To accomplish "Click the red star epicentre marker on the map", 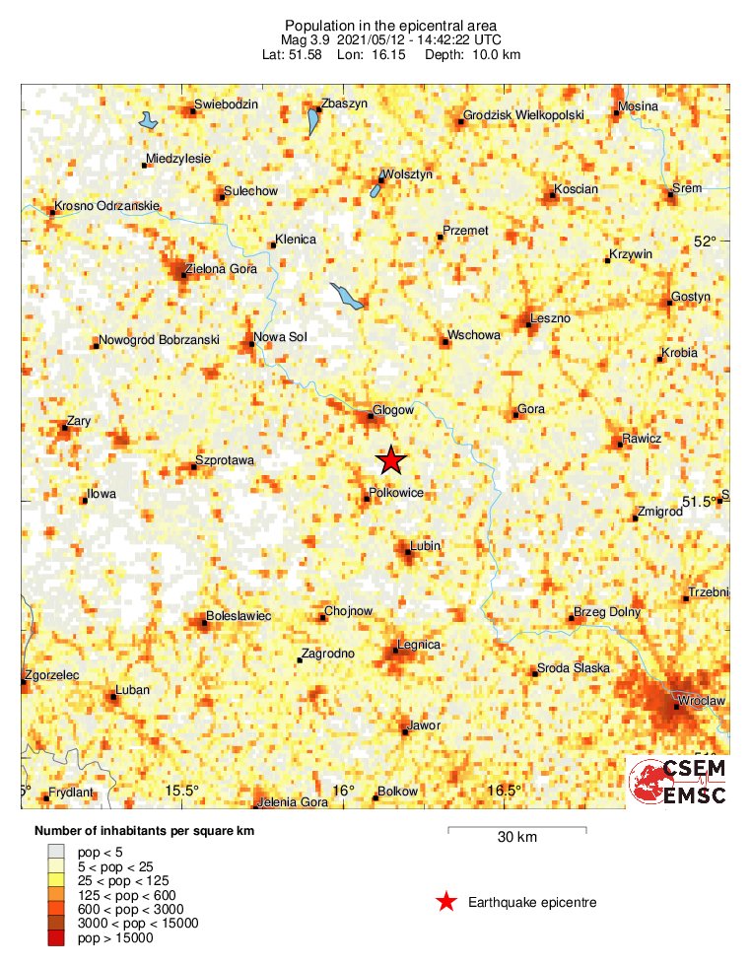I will pos(391,459).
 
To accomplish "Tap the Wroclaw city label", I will pos(701,700).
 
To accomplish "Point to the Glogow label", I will pos(393,410).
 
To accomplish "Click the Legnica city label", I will pos(418,645).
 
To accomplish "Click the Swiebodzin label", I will pos(226,103).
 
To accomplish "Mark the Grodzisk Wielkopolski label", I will pos(523,114).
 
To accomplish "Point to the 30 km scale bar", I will pos(517,830).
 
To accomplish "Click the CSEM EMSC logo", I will pos(678,782).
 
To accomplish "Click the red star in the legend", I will pos(446,901).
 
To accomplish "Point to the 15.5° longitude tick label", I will pos(182,791).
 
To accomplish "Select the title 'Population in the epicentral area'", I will pos(390,25).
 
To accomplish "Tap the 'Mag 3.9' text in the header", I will pos(305,39).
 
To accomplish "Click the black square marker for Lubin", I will pos(407,552).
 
